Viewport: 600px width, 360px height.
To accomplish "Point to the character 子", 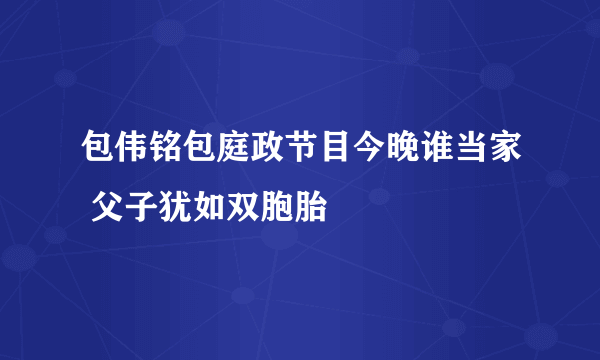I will point(140,207).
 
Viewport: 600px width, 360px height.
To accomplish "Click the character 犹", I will point(174,207).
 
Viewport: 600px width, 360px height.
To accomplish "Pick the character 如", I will point(208,207).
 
